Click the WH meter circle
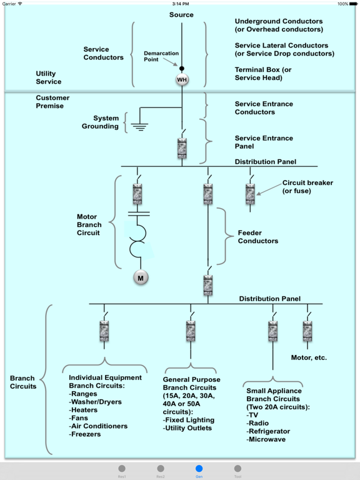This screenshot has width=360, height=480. click(182, 80)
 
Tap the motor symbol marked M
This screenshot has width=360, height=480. click(141, 277)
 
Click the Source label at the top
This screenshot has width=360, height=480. click(181, 15)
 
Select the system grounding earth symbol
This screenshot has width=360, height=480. click(140, 125)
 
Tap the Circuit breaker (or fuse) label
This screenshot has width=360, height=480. click(307, 186)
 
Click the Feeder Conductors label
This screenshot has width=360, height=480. click(258, 237)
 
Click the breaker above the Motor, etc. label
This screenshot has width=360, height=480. click(307, 331)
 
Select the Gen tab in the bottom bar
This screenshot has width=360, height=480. click(199, 470)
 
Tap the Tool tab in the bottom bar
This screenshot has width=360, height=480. click(237, 470)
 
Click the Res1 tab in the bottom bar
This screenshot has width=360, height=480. click(122, 470)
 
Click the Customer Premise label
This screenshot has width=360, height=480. click(52, 102)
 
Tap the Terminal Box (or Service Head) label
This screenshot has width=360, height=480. click(263, 73)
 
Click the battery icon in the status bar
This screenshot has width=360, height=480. click(352, 4)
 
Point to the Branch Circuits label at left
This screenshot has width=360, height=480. click(23, 382)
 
